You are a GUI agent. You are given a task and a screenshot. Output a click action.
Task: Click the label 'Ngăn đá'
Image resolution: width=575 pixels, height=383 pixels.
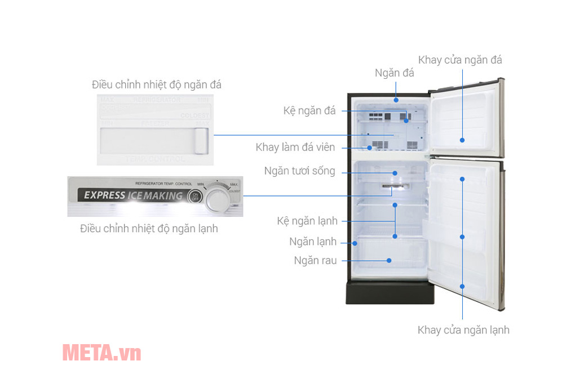pyautogui.click(x=395, y=73)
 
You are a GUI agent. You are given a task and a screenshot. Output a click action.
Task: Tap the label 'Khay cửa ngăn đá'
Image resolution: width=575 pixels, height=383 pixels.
pyautogui.click(x=460, y=60)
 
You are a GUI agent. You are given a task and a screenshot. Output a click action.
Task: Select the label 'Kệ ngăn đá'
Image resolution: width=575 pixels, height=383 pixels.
pyautogui.click(x=309, y=111)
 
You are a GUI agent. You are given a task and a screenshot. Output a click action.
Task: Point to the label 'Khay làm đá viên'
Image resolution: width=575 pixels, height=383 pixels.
pyautogui.click(x=295, y=148)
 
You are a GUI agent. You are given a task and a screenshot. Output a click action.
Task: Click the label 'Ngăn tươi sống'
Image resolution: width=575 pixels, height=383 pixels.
pyautogui.click(x=300, y=171)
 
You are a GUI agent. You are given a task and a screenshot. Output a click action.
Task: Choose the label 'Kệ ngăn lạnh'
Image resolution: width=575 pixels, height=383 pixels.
pyautogui.click(x=307, y=221)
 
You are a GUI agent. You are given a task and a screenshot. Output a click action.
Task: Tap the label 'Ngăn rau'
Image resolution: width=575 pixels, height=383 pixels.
pyautogui.click(x=315, y=260)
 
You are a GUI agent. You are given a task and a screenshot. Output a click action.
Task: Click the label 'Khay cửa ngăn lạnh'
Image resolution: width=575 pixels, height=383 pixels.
pyautogui.click(x=463, y=330)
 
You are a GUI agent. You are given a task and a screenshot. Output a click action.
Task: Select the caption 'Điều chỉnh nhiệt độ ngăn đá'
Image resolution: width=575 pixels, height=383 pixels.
pyautogui.click(x=157, y=85)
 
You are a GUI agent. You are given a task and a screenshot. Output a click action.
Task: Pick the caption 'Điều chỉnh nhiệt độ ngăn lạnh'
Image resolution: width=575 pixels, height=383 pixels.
pyautogui.click(x=149, y=229)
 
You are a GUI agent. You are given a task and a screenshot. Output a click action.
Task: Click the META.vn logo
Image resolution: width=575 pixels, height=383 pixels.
pyautogui.click(x=101, y=353)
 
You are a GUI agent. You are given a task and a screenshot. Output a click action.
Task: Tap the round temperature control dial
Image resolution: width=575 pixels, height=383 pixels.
pyautogui.click(x=216, y=198)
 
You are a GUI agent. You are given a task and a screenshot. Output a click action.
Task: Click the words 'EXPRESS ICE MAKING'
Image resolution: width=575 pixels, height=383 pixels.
pyautogui.click(x=133, y=195)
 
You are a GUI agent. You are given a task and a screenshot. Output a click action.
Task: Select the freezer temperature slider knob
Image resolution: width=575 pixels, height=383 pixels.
pyautogui.click(x=201, y=141)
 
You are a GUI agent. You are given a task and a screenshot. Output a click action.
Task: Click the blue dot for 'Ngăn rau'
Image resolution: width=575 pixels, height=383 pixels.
pyautogui.click(x=389, y=260)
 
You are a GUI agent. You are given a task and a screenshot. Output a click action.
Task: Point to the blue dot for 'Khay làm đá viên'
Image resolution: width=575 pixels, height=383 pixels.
pyautogui.click(x=370, y=148)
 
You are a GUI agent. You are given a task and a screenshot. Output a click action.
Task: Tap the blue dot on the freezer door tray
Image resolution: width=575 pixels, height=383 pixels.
pyautogui.click(x=463, y=140)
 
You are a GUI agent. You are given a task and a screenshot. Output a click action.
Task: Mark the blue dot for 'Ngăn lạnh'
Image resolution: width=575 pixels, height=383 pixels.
pyautogui.click(x=355, y=243)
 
